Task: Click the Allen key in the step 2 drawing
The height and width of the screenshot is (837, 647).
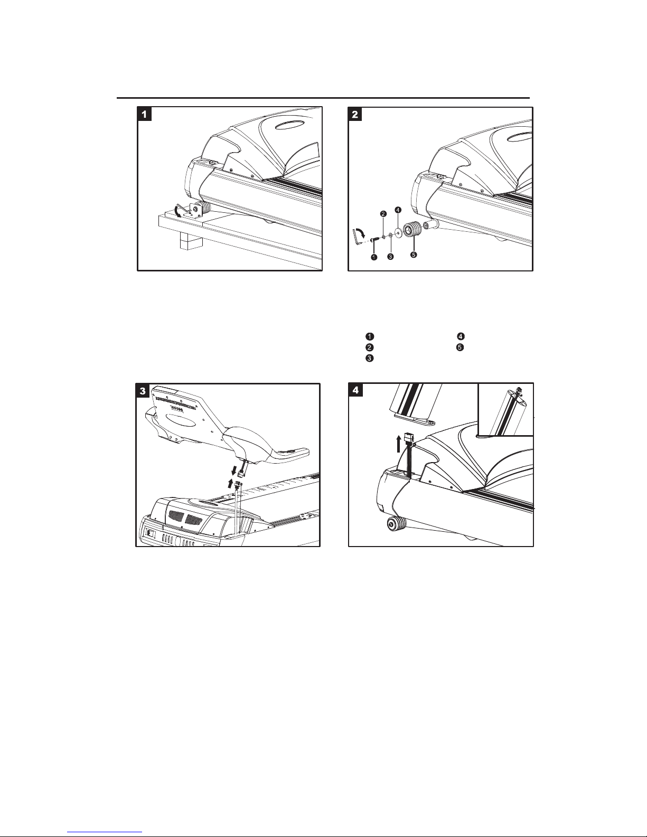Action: click(x=357, y=236)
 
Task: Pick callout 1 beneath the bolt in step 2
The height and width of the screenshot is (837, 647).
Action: click(x=373, y=257)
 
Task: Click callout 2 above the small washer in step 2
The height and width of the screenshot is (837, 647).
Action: click(x=383, y=214)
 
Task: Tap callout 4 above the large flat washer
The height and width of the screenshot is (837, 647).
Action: click(x=398, y=210)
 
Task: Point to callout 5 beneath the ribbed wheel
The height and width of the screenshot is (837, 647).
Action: click(x=414, y=255)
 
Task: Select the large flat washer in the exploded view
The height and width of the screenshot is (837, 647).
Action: click(x=397, y=233)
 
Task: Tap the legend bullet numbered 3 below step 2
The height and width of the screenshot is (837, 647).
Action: click(x=370, y=359)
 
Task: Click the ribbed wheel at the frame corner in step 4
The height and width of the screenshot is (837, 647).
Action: click(x=397, y=525)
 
